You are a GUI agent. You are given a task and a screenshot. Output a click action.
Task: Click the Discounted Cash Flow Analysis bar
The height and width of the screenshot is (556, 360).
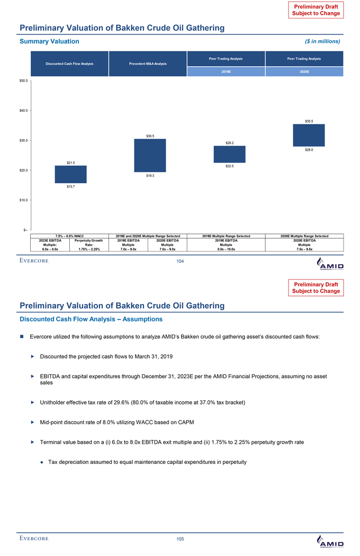point(70,174)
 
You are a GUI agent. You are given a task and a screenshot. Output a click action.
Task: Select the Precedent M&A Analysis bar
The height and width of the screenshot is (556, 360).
point(150,155)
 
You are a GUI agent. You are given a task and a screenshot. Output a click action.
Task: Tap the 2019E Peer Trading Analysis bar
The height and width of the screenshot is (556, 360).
point(229,154)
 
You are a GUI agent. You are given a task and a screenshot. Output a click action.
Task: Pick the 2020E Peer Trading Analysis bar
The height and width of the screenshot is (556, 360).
point(309,135)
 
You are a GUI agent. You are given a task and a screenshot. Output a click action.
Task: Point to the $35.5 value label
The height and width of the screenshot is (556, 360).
point(309,121)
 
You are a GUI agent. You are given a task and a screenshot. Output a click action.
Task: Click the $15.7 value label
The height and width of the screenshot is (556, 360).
point(70,186)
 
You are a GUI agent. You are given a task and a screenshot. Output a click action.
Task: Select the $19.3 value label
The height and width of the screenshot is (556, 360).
point(150,175)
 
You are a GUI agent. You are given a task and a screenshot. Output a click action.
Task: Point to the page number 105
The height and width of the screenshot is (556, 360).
point(180,539)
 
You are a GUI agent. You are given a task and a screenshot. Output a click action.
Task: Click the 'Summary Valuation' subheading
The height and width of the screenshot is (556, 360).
point(49,41)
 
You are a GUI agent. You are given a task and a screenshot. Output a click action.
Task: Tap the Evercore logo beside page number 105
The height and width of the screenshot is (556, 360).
point(34,539)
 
